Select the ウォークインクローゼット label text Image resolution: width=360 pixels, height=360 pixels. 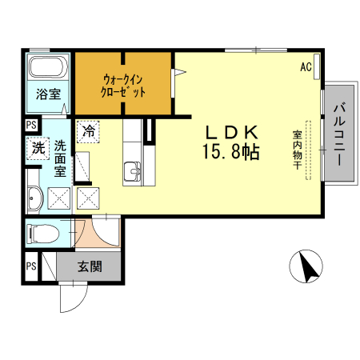(124, 86)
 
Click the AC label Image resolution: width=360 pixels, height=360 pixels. (306, 67)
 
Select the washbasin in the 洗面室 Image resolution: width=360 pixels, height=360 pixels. (34, 199)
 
